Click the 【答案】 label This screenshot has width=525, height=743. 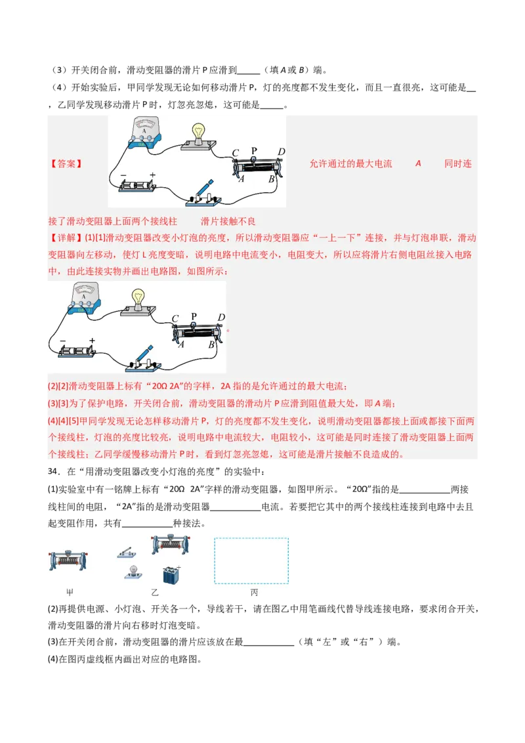[66, 164]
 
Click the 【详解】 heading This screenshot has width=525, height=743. [66, 237]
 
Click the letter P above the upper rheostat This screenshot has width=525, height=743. [254, 150]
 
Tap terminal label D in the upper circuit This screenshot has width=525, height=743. [281, 152]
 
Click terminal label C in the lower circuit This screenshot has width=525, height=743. [175, 319]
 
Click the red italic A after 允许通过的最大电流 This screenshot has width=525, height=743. [418, 163]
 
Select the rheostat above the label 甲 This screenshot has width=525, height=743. [68, 559]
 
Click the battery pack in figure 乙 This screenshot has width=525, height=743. [171, 574]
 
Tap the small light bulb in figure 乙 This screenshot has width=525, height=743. [133, 572]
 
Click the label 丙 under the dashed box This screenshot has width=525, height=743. [254, 593]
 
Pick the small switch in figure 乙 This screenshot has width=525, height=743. [127, 552]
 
